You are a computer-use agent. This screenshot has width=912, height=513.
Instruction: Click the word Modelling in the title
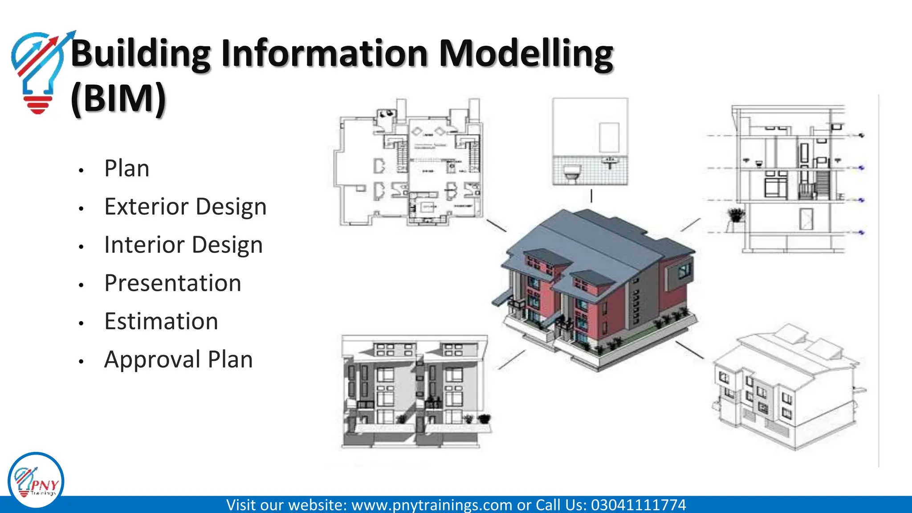point(525,54)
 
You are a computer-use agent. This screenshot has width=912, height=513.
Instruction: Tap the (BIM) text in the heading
point(118,98)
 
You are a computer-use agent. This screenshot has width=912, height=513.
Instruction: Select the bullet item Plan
point(127,168)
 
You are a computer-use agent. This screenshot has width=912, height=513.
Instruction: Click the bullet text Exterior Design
point(185,207)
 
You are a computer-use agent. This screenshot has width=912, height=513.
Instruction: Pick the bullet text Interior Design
point(183,245)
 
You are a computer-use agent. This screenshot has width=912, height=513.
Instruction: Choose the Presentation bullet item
point(173,283)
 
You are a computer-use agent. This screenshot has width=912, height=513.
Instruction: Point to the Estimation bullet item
point(161,322)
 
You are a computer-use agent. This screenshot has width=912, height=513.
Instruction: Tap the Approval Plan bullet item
point(179,360)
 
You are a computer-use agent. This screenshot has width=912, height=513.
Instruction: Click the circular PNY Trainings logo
point(36,481)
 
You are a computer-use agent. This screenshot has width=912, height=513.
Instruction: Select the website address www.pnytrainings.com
point(432,505)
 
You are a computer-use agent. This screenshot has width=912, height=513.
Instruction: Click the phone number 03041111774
point(638,505)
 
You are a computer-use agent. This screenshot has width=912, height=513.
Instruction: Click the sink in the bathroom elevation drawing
point(610,161)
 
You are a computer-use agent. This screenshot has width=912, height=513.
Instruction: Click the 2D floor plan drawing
point(410,165)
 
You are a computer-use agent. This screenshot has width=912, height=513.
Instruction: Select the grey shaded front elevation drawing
point(414,392)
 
